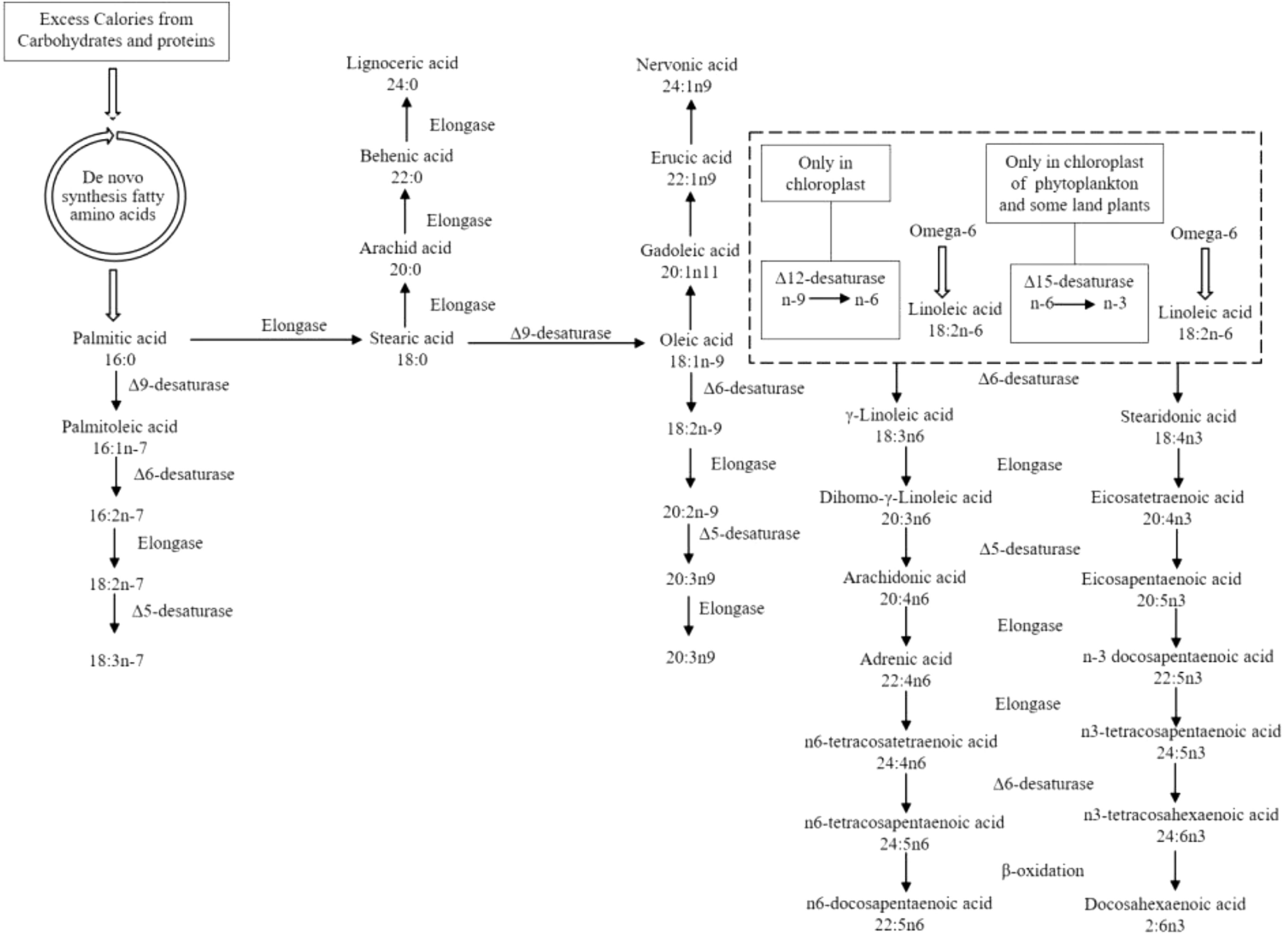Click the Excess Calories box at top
(x=116, y=31)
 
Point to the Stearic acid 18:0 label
(x=412, y=347)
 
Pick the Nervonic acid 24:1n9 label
(x=687, y=74)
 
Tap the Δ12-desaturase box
(x=830, y=299)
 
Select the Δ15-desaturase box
(x=1078, y=303)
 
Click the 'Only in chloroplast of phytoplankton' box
(x=1074, y=183)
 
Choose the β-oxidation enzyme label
(x=1042, y=870)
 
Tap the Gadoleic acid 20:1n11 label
(x=690, y=260)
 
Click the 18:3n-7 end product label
(x=116, y=660)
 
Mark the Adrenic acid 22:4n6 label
(x=905, y=669)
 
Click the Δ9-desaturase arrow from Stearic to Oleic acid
(x=556, y=343)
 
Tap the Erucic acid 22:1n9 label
(x=691, y=168)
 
